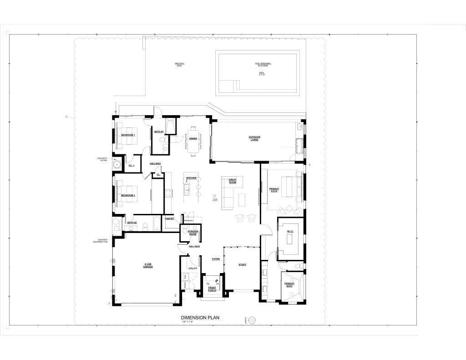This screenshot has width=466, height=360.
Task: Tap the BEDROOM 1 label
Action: point(128,135)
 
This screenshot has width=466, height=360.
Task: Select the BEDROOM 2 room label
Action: point(128,195)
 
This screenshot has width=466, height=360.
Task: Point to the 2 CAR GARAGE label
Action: point(148,265)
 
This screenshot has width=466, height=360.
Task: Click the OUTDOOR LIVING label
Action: point(254,138)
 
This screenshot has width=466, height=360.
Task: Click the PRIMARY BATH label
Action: point(289,285)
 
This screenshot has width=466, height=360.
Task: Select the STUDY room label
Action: point(242,264)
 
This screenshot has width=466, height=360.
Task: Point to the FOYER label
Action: point(216,259)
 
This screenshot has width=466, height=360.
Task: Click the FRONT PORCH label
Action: point(212,289)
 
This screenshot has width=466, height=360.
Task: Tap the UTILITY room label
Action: point(192,269)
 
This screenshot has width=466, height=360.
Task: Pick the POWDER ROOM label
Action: point(192,233)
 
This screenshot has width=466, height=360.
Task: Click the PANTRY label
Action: point(170,218)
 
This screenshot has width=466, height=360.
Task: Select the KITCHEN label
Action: point(191,178)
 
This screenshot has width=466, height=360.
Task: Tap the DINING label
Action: point(193,139)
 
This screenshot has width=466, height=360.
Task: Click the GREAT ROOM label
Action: point(233,181)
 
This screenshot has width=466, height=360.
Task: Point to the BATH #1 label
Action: point(159,132)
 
